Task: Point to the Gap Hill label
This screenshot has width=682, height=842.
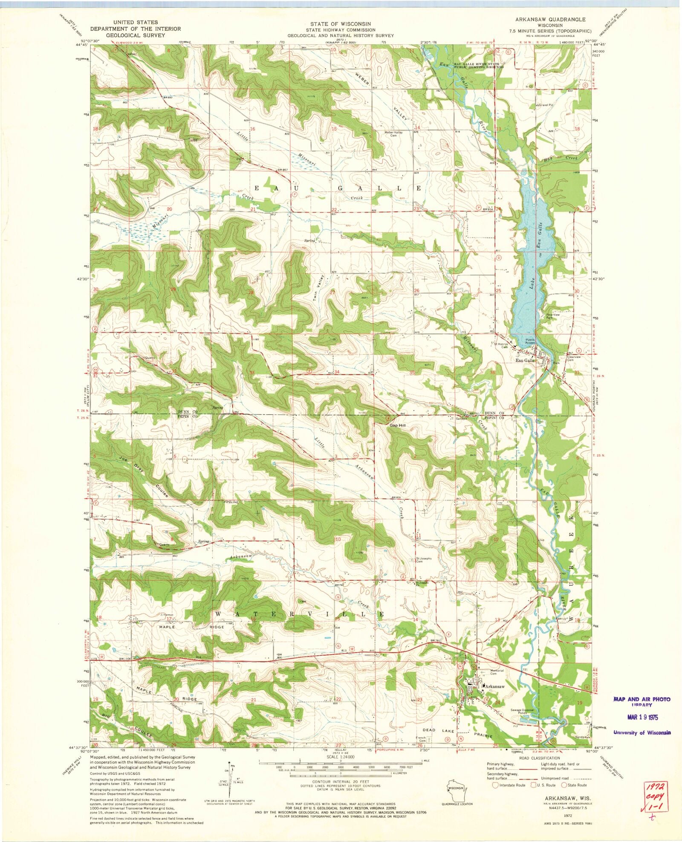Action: point(396,425)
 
